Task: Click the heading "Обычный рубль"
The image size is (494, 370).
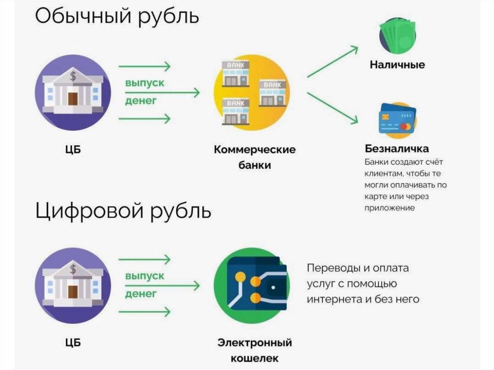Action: point(117,16)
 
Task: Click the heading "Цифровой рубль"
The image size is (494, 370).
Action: point(123,211)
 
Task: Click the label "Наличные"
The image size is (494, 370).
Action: point(397,64)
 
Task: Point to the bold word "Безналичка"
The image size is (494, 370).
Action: point(397,148)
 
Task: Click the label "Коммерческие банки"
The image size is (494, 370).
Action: point(254,157)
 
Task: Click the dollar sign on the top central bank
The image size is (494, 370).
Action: point(73,76)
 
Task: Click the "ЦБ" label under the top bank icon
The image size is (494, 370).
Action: point(72,150)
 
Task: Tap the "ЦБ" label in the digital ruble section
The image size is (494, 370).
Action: point(72,343)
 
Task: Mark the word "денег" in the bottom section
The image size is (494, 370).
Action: point(141,293)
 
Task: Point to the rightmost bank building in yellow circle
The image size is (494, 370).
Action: point(273,93)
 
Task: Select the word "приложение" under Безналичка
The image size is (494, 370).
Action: point(389,208)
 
